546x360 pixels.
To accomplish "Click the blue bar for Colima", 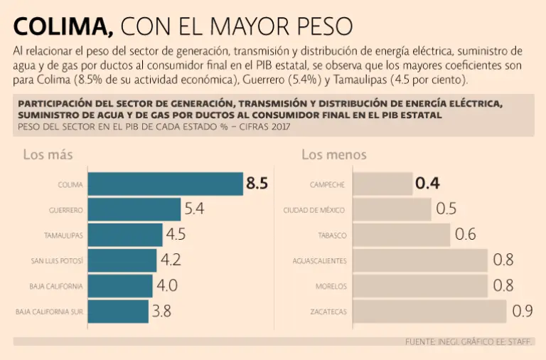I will point(165,184).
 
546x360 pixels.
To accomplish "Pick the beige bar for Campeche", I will point(382,184).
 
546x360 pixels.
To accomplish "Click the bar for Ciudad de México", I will point(392,210).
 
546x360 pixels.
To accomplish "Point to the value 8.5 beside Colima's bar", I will point(257,184).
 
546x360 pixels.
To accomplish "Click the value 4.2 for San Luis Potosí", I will point(171,260).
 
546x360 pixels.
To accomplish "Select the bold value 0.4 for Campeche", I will point(427,184).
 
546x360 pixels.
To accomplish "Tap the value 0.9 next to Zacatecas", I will point(523,311).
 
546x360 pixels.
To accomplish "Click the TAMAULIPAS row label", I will point(64,235).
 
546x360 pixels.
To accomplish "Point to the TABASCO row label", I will point(332,235).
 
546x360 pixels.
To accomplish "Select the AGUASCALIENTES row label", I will point(320,261).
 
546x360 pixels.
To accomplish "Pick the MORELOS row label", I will point(331,286).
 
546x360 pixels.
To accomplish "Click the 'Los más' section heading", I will point(48,154).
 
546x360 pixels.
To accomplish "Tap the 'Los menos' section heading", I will point(334,154).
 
